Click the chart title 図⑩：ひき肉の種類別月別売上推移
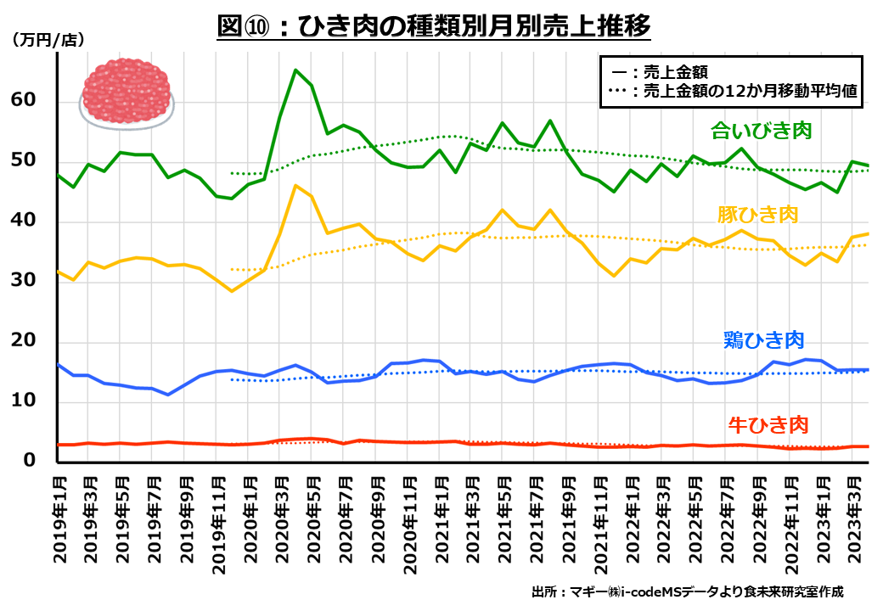click(434, 26)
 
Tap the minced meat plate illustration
click(127, 93)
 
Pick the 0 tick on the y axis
click(31, 460)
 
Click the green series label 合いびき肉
click(762, 131)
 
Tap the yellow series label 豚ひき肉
click(758, 214)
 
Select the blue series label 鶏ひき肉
click(763, 340)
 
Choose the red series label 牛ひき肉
click(768, 423)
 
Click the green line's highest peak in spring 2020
click(295, 70)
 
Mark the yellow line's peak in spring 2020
click(295, 185)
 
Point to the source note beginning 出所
click(688, 591)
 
